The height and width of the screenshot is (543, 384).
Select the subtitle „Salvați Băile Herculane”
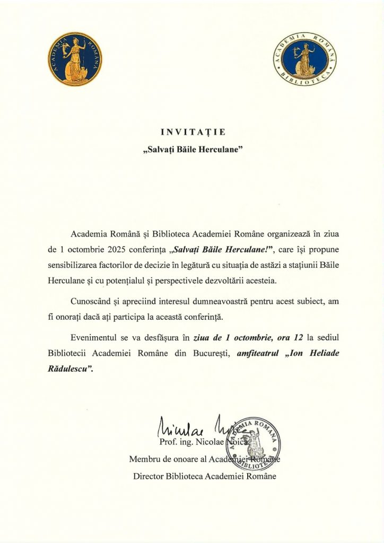click(192, 149)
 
